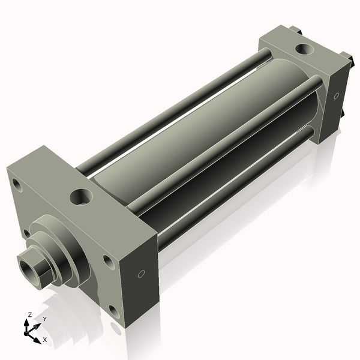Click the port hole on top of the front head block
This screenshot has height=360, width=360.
81,197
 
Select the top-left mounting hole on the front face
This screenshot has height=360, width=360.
17,185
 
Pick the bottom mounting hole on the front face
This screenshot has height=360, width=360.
114,312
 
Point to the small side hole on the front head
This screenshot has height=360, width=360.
141,274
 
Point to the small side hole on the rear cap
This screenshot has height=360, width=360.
336,95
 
